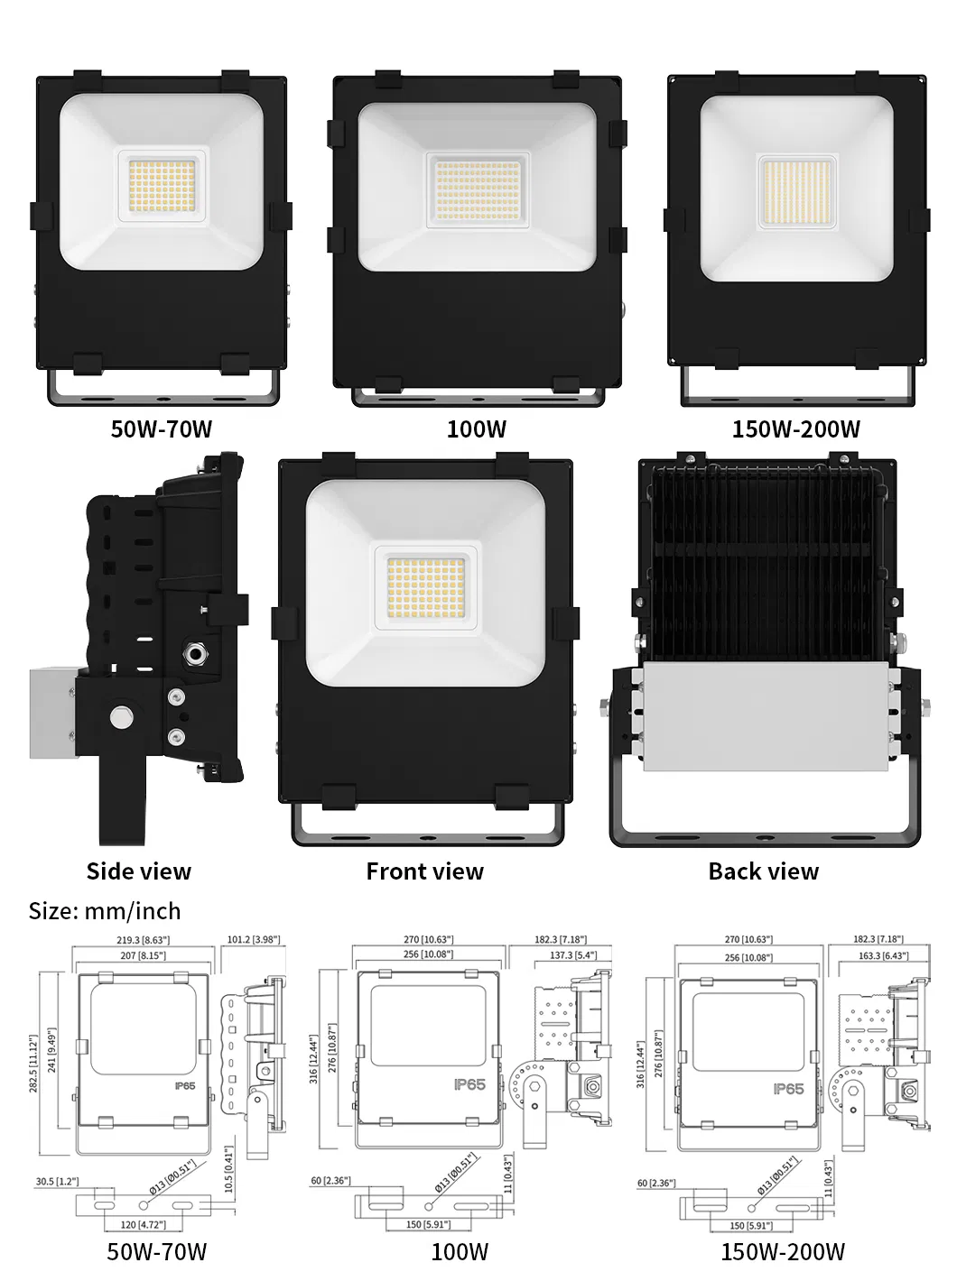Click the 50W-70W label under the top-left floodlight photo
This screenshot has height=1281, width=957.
click(161, 429)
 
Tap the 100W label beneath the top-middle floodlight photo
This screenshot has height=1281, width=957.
click(477, 429)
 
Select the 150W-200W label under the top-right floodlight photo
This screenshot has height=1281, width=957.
click(795, 429)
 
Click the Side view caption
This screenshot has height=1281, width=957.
click(138, 871)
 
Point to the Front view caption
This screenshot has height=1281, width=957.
click(424, 871)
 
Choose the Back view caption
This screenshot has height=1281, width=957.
click(763, 871)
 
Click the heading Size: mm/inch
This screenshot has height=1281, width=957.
click(105, 911)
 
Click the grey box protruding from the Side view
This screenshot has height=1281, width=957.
click(51, 713)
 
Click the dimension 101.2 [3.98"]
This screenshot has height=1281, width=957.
click(253, 939)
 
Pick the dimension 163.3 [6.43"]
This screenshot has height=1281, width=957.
click(883, 955)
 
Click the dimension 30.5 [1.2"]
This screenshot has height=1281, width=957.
click(57, 1181)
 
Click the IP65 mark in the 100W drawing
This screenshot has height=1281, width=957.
click(469, 1084)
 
